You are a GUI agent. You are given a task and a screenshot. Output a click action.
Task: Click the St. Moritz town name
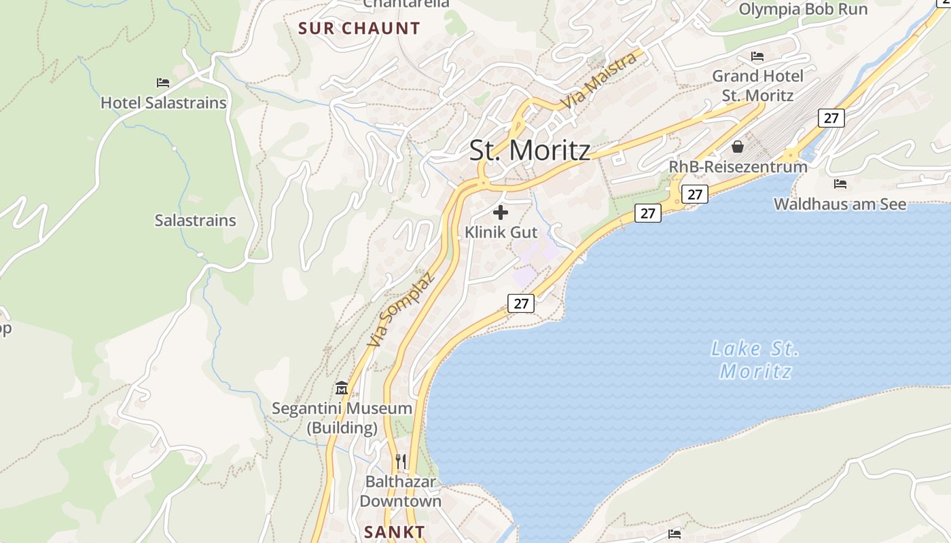530,150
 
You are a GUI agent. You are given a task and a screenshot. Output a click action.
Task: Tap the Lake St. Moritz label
755,360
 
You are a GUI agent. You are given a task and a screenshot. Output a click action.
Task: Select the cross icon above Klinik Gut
501,212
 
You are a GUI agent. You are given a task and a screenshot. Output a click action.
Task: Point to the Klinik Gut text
501,232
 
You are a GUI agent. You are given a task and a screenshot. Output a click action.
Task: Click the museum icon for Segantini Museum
342,388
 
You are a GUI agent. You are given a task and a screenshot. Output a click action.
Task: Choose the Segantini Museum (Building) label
342,418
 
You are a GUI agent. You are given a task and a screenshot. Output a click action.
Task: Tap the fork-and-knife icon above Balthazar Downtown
401,462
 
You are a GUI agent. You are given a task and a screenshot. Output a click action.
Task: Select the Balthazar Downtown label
401,491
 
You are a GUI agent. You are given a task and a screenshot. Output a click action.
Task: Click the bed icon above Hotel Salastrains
163,83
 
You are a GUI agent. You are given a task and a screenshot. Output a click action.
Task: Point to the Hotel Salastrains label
163,103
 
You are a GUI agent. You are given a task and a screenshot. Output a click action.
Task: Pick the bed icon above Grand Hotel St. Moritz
757,56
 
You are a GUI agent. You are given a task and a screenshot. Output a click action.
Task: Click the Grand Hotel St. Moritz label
757,86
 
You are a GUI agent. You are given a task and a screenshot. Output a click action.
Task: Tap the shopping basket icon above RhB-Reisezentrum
738,147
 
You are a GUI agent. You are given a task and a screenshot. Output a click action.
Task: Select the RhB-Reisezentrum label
738,166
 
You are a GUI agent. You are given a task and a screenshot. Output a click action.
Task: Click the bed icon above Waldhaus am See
840,184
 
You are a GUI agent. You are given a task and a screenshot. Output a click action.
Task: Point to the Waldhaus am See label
840,204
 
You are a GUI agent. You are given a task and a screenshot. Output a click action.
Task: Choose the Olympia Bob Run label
803,10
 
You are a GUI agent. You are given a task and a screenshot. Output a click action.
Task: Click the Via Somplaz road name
400,310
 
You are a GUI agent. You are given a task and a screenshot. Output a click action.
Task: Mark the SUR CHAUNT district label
359,29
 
